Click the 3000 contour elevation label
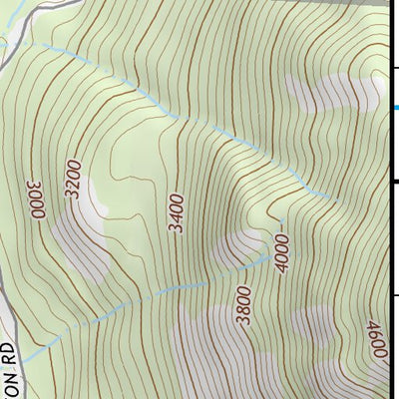[38, 199]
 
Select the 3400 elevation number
[177, 212]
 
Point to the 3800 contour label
[242, 306]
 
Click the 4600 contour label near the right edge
[376, 343]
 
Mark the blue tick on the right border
[394, 108]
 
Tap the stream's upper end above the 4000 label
[282, 221]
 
